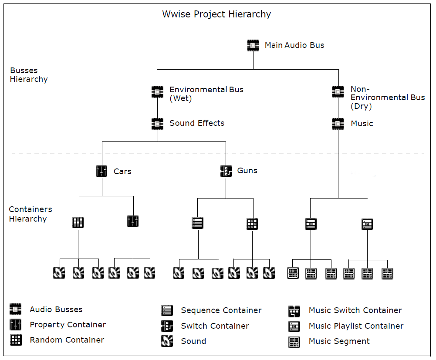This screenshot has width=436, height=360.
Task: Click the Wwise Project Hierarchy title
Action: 216,14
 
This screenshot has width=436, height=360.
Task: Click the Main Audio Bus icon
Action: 253,45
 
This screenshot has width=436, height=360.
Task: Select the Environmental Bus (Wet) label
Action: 206,94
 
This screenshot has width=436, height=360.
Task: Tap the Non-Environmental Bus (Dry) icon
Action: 338,92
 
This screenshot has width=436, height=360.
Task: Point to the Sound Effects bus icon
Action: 157,124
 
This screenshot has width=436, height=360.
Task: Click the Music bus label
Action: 362,124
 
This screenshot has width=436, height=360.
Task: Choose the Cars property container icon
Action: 101,171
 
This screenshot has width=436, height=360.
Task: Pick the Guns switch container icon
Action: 226,171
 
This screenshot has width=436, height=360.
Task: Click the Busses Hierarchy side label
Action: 29,75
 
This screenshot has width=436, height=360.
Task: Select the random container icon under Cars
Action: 78,222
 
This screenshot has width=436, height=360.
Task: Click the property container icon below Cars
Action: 133,222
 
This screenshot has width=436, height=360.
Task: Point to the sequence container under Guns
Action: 198,223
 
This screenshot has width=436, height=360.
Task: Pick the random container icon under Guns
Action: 252,224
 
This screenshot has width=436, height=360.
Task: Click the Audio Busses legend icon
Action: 16,310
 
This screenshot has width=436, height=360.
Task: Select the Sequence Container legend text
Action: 221,310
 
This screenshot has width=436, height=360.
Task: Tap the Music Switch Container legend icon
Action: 294,311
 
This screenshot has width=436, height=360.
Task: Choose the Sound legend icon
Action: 167,341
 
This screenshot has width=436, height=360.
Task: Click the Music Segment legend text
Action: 339,341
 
